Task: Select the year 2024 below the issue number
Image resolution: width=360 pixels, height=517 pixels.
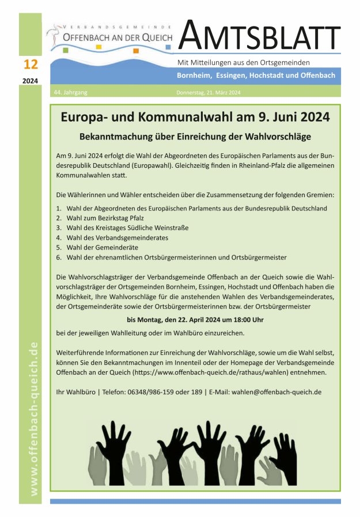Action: click(31, 81)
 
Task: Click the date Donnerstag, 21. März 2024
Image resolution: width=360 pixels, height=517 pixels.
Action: click(208, 92)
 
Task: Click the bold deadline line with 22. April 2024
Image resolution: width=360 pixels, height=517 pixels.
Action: click(196, 320)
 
